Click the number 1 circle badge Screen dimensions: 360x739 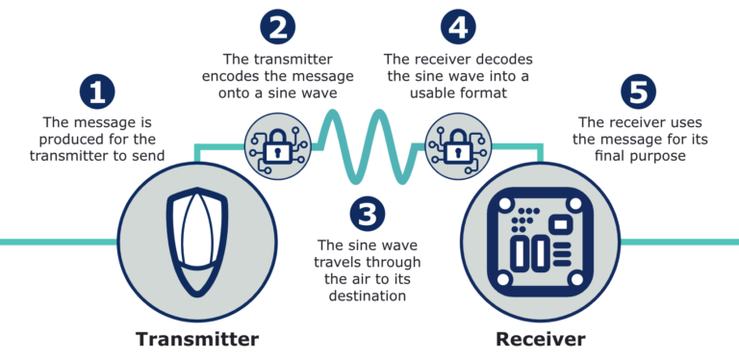click(x=96, y=91)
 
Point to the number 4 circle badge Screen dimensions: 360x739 click(x=459, y=26)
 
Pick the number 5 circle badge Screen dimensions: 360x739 click(x=638, y=91)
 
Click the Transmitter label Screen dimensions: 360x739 click(x=197, y=339)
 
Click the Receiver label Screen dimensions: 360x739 click(x=541, y=339)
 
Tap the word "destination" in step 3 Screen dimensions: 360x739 click(x=367, y=296)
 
